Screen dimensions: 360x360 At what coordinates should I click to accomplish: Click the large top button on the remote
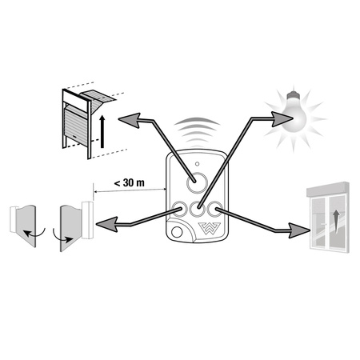[197, 182]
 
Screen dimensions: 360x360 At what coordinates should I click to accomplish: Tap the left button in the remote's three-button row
[179, 210]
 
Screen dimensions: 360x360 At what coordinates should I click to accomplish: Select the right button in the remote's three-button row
[215, 210]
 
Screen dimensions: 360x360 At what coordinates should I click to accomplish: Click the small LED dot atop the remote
[197, 164]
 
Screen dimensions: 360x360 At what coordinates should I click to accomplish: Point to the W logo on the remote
[210, 229]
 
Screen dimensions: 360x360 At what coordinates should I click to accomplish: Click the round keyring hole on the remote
[177, 232]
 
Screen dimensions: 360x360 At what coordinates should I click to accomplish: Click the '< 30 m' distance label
[130, 183]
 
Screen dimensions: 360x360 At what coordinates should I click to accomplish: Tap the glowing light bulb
[295, 114]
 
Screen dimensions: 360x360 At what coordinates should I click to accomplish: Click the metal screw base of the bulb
[293, 95]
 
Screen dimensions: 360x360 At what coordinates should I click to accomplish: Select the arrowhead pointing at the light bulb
[282, 118]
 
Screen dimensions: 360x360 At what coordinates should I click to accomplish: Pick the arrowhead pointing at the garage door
[130, 120]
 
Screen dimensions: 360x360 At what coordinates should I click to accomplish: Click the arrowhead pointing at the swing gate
[107, 224]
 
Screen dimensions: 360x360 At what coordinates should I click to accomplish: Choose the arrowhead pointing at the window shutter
[299, 230]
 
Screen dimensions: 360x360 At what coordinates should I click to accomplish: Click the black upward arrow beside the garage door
[102, 131]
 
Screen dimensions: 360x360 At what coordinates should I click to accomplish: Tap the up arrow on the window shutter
[337, 221]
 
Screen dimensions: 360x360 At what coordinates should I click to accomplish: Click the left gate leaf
[26, 226]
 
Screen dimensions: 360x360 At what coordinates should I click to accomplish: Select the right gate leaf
[70, 227]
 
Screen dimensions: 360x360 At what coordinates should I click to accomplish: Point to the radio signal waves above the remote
[197, 131]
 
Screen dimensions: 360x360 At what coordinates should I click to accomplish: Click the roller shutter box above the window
[328, 190]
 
